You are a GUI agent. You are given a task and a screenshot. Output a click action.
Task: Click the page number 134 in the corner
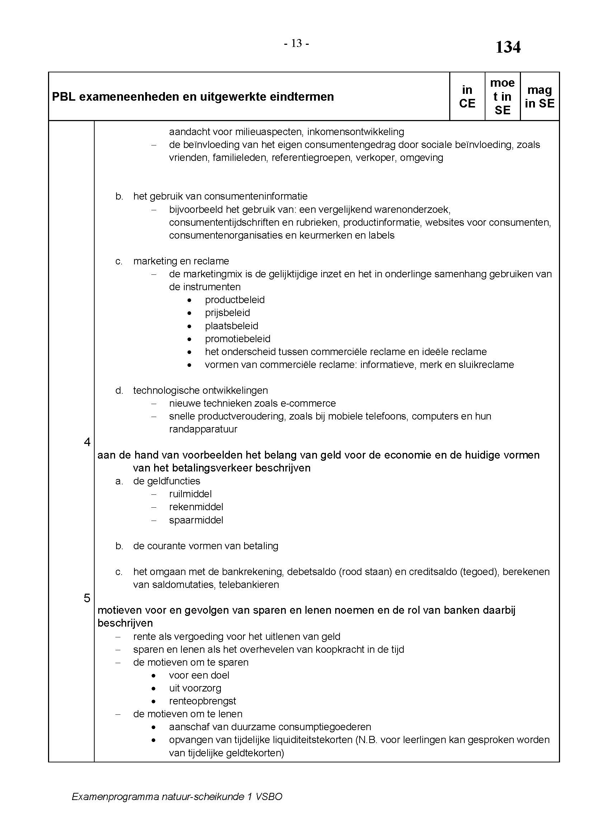pyautogui.click(x=508, y=47)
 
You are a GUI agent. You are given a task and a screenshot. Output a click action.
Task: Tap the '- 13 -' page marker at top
pyautogui.click(x=296, y=44)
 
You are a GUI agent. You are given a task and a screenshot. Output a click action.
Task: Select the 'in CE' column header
pyautogui.click(x=467, y=97)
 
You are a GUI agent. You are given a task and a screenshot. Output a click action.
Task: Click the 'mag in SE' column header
pyautogui.click(x=539, y=97)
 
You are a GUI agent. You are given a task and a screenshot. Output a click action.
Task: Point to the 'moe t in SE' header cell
pyautogui.click(x=502, y=97)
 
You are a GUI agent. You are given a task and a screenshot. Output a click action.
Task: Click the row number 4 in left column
pyautogui.click(x=87, y=442)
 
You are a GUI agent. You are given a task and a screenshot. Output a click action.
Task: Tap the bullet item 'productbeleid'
pyautogui.click(x=234, y=300)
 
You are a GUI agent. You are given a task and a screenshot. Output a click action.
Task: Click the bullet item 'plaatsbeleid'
pyautogui.click(x=231, y=326)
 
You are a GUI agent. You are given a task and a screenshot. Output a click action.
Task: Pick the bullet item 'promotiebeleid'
pyautogui.click(x=237, y=339)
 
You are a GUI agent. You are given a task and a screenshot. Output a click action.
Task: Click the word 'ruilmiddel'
pyautogui.click(x=190, y=494)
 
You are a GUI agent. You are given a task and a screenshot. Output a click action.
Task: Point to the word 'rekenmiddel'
pyautogui.click(x=196, y=507)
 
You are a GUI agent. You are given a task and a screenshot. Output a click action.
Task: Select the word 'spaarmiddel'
pyautogui.click(x=196, y=520)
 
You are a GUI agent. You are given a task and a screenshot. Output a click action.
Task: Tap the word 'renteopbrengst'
pyautogui.click(x=202, y=701)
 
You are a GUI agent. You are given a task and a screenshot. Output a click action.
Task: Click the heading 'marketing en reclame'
pyautogui.click(x=181, y=261)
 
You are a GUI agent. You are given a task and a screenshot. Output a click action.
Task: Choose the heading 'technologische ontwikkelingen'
pyautogui.click(x=200, y=391)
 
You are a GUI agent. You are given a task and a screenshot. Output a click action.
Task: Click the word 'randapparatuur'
pyautogui.click(x=203, y=429)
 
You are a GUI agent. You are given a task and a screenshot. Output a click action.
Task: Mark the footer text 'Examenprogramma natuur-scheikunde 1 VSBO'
pyautogui.click(x=177, y=796)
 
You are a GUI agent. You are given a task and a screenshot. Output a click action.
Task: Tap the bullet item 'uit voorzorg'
pyautogui.click(x=195, y=688)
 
